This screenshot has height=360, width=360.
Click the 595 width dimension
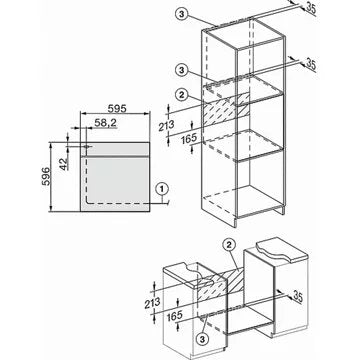(117, 109)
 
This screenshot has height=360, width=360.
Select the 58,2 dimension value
(106, 123)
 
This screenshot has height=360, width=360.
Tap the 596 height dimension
(46, 177)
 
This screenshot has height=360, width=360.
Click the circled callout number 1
(162, 189)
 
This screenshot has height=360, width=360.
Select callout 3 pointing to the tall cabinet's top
(181, 14)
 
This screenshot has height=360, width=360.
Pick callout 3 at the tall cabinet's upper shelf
(181, 70)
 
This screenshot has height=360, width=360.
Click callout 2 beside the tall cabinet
(181, 95)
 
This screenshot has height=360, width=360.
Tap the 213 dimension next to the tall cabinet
(166, 125)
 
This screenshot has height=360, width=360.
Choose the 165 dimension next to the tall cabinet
(189, 138)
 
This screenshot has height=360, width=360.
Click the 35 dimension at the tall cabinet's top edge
(311, 8)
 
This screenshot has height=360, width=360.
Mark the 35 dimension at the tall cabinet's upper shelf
(310, 64)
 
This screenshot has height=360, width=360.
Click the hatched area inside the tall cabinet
(226, 109)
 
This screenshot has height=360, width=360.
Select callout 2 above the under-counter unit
(229, 245)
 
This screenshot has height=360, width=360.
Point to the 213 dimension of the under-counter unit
(152, 303)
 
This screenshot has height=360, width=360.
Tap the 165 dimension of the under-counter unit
(175, 315)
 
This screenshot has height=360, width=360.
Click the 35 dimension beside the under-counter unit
(297, 296)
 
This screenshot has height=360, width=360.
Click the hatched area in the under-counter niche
(222, 284)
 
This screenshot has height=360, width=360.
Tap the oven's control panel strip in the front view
(115, 149)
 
